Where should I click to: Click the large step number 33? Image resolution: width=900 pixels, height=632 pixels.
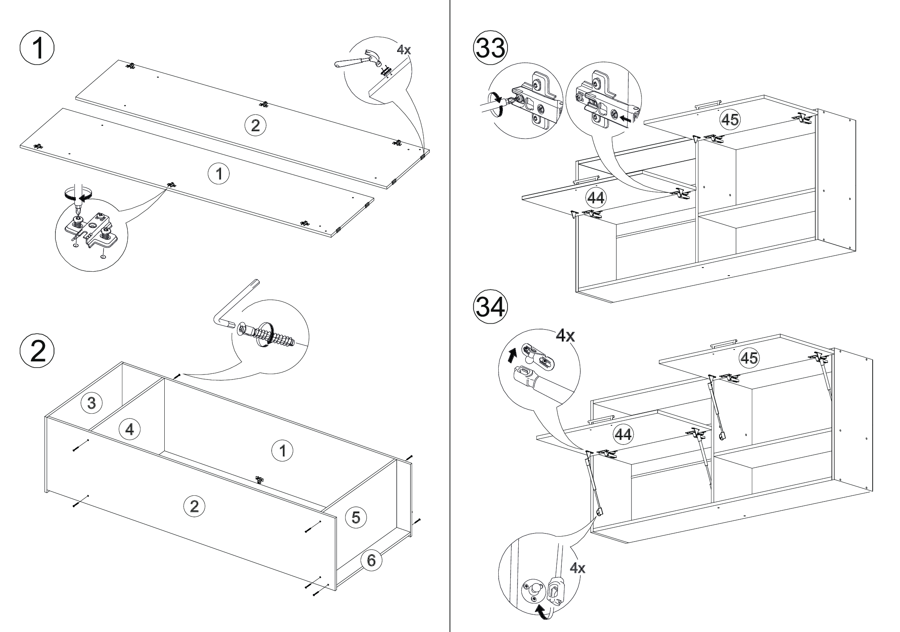click(x=490, y=48)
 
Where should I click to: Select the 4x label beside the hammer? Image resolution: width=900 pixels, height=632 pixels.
click(x=404, y=50)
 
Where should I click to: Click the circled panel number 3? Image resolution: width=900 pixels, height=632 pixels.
click(x=91, y=403)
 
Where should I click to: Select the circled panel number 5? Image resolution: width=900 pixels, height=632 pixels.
click(x=356, y=517)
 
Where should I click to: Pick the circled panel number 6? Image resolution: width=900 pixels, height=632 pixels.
click(x=371, y=560)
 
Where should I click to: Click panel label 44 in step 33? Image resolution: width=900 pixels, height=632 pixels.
click(x=596, y=198)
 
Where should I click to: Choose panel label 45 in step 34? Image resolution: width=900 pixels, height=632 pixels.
click(x=749, y=358)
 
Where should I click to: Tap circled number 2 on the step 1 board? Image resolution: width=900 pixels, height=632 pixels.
click(x=255, y=125)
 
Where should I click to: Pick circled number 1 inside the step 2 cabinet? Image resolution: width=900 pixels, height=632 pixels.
click(x=282, y=451)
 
